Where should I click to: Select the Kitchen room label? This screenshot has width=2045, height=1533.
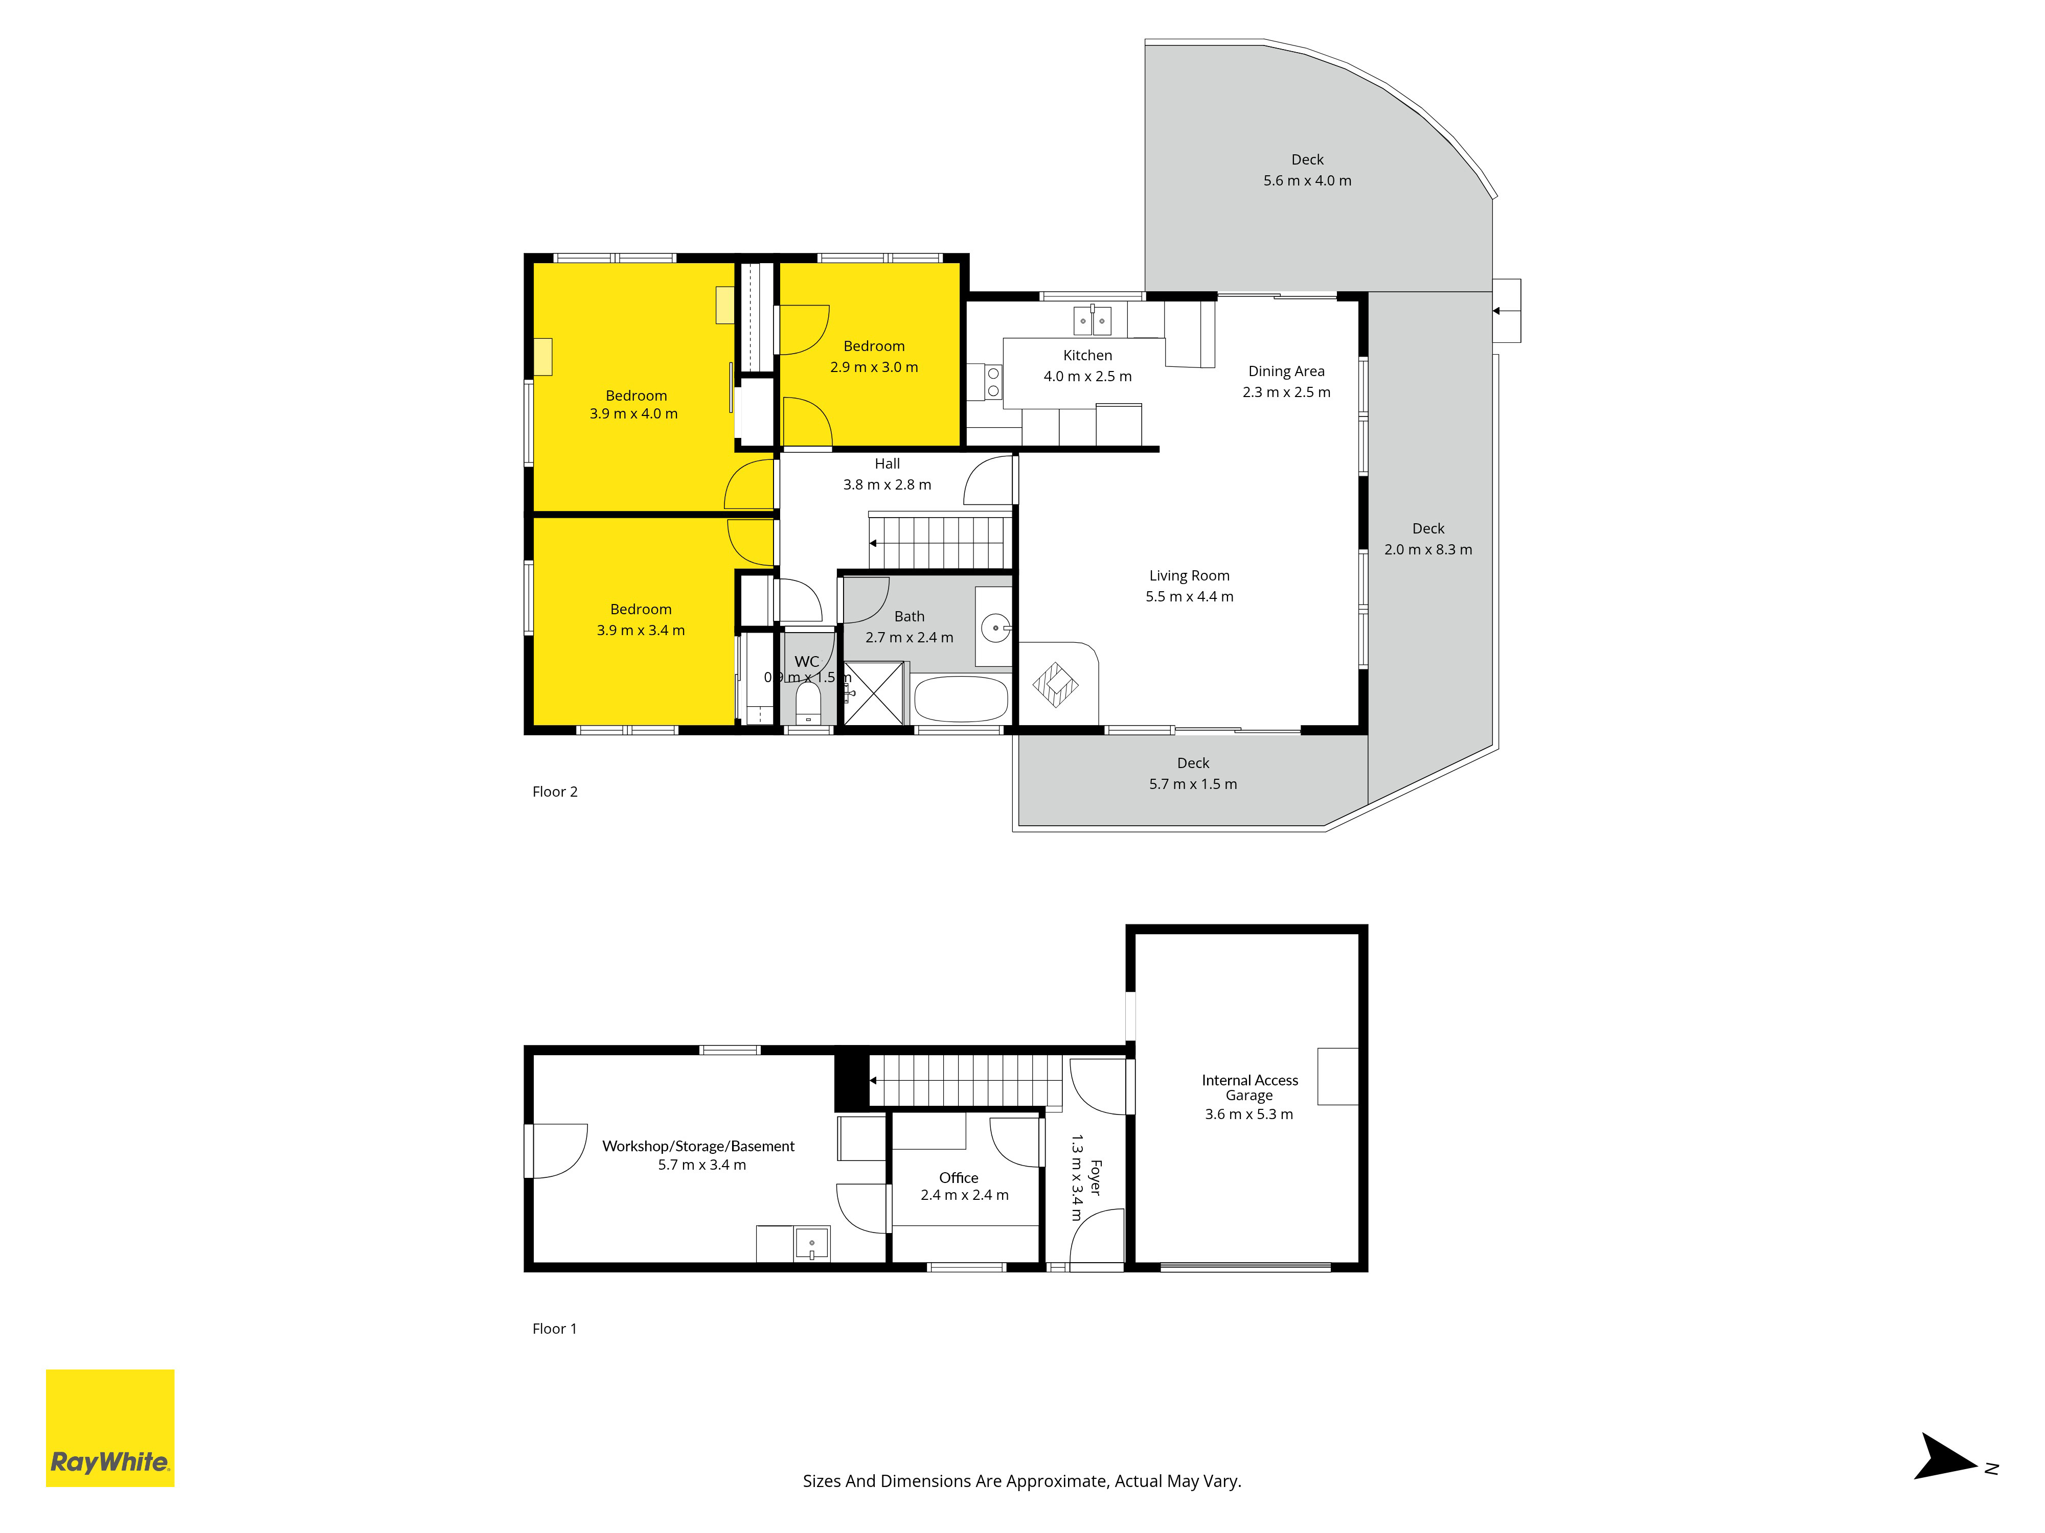pos(1087,356)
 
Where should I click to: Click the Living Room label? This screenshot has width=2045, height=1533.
pos(1189,576)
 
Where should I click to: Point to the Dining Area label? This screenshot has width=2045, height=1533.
pos(1286,371)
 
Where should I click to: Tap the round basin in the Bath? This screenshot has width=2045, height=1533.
pos(996,629)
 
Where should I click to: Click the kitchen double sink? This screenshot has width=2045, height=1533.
pos(1092,320)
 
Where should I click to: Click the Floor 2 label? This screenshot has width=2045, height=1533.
pos(555,792)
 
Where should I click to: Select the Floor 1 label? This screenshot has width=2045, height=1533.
pos(555,1329)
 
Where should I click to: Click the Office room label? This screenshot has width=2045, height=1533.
pos(959,1178)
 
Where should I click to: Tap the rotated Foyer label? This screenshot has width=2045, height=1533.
pos(1096,1178)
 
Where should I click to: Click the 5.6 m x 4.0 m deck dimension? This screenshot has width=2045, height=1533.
pos(1307,181)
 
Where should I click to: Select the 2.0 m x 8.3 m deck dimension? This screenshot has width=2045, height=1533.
pos(1428,550)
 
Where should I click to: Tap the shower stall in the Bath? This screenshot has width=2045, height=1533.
pos(873,693)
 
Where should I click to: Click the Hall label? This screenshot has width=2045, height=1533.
pos(888,464)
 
